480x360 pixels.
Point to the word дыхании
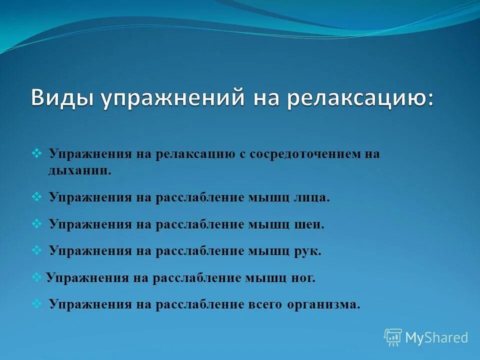point(80,170)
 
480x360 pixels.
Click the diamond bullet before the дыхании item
point(36,153)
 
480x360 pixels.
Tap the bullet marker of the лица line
point(36,196)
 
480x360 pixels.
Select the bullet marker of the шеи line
point(36,223)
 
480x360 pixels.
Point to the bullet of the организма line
point(36,303)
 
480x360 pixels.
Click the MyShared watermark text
point(436,338)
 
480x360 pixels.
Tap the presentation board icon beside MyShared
point(393,337)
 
